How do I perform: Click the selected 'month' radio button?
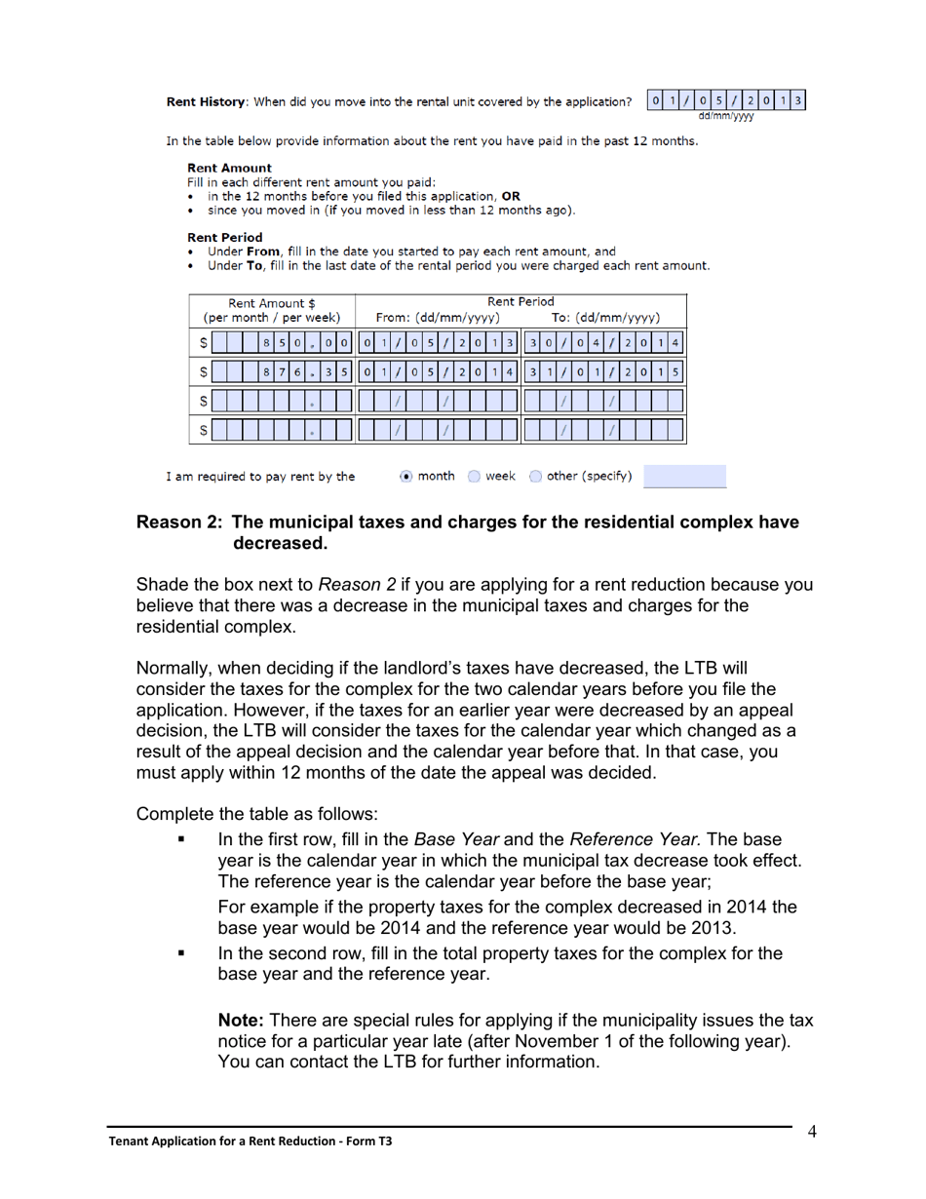[x=406, y=477]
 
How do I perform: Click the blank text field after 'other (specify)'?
[x=684, y=477]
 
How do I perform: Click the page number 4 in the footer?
[x=811, y=1132]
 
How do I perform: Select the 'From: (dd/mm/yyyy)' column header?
[x=438, y=318]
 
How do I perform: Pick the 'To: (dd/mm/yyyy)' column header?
[x=606, y=318]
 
